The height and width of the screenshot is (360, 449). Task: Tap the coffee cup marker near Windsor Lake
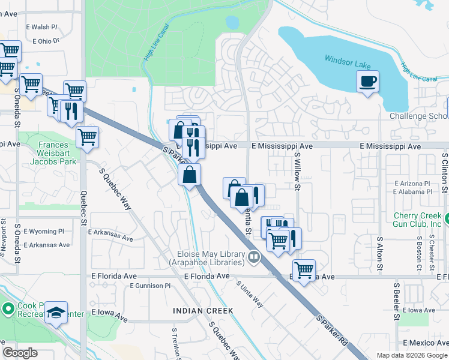(x=367, y=80)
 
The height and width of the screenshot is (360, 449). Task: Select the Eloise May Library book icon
(x=254, y=257)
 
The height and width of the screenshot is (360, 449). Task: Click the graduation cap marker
(x=56, y=313)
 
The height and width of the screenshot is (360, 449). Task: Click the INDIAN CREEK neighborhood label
(x=202, y=310)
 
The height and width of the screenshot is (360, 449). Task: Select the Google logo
(x=20, y=352)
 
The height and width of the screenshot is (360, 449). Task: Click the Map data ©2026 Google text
(x=412, y=355)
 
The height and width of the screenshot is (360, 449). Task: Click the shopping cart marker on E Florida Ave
(x=304, y=270)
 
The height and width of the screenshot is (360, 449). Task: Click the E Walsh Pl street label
(x=41, y=27)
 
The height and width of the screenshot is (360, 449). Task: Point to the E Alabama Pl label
(x=412, y=192)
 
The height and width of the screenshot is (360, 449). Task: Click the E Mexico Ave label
(x=426, y=343)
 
